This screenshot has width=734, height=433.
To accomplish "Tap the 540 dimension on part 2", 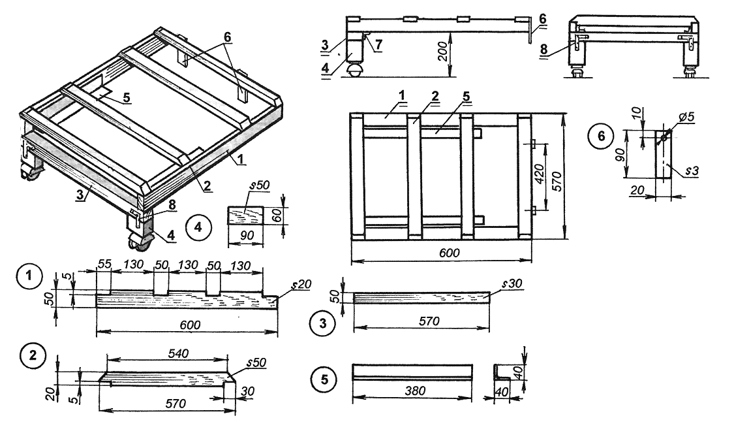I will coord(177,353).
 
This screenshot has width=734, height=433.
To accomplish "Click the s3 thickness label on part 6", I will coord(693,171).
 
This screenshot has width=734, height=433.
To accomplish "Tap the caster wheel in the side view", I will coord(355,70).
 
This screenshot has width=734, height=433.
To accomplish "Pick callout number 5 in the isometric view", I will coord(125,97).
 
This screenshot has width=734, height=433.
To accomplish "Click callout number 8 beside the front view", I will coord(544,49).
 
